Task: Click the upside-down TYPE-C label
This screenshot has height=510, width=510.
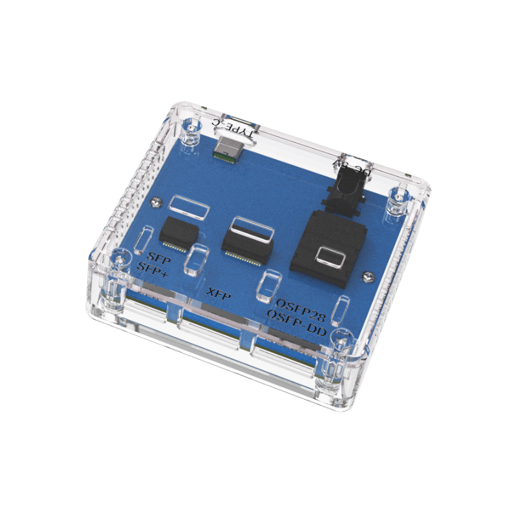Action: [235, 128]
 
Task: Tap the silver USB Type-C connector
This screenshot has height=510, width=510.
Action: [230, 148]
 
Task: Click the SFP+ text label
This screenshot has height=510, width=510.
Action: [152, 270]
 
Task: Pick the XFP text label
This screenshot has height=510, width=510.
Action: [219, 295]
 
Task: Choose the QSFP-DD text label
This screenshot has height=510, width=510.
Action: [296, 322]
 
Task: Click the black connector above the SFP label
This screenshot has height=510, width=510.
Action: [178, 233]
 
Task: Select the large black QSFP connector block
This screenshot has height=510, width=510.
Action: [328, 249]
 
